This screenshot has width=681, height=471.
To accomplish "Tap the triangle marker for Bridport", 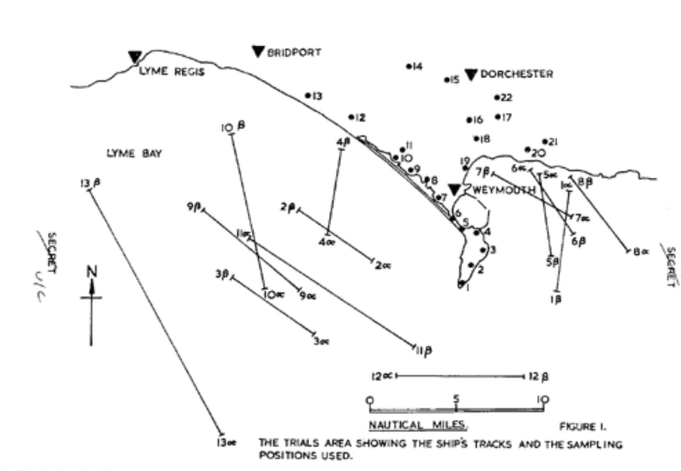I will [257, 51].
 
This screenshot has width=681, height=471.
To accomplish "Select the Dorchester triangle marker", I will [471, 74].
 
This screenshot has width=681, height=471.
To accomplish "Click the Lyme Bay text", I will [134, 153].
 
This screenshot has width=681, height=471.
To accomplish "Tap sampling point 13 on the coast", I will [309, 95].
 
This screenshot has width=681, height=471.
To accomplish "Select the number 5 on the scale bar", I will [456, 399].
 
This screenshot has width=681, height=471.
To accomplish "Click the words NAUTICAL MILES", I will [419, 425].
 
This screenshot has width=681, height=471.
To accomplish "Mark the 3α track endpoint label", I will [322, 342].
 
